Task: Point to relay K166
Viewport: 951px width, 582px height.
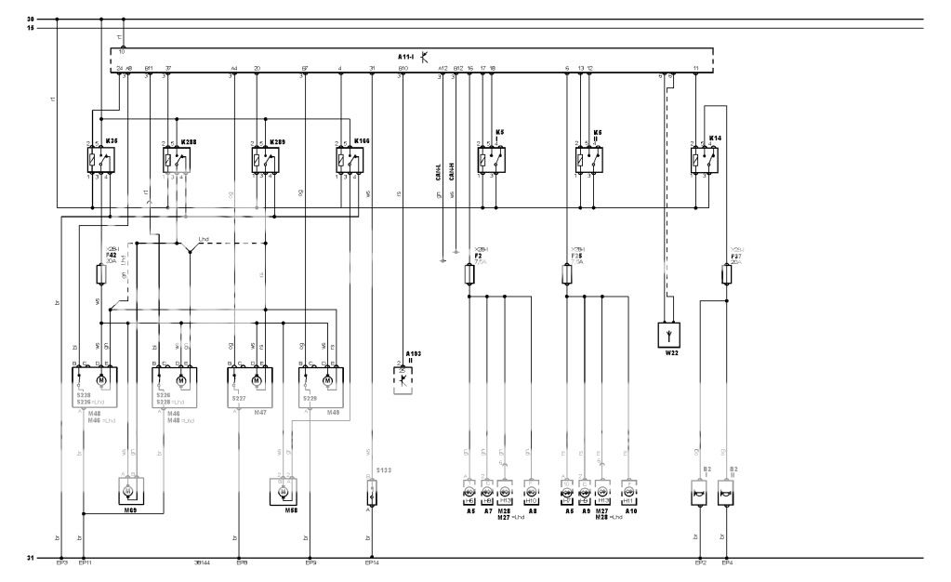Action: pos(349,160)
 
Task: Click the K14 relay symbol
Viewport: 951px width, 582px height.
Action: pos(704,160)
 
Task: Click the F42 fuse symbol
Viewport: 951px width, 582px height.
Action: pos(101,274)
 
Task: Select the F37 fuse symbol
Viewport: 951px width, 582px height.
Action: pos(726,274)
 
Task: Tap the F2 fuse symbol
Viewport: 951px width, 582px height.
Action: pos(469,274)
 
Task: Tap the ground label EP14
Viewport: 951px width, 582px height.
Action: pos(371,563)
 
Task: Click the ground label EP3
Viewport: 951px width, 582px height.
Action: pos(60,563)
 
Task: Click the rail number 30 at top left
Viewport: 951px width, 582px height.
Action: pos(31,19)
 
